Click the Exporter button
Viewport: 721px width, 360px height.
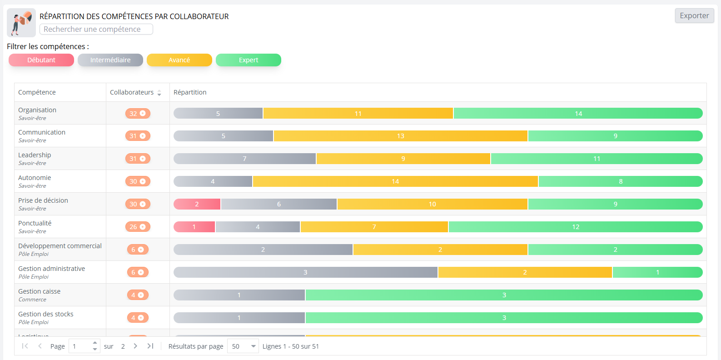[x=694, y=15]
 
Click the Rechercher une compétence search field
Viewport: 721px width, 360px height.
[x=96, y=29]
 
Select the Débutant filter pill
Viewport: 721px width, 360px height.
[x=41, y=60]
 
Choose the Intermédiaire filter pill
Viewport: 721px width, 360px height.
[x=110, y=60]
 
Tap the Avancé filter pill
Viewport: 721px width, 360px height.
[x=179, y=60]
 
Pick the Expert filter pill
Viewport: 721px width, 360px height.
[x=248, y=60]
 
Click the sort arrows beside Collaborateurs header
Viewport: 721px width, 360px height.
[x=159, y=93]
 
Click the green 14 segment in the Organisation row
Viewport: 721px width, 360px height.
[x=578, y=113]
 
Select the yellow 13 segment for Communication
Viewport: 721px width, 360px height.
[x=400, y=136]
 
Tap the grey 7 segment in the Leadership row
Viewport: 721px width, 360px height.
[x=244, y=159]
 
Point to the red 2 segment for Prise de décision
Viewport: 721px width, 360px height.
[x=197, y=204]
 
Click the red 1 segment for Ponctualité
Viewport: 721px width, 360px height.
[x=194, y=227]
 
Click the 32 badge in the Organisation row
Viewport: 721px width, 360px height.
[x=138, y=113]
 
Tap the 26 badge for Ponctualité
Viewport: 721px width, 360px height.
[x=138, y=227]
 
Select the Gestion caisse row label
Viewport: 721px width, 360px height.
[x=39, y=291]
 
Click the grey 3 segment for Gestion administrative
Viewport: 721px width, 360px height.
[x=305, y=272]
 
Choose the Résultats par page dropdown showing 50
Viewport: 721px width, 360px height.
[x=243, y=346]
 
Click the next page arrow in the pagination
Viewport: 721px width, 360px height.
[x=135, y=346]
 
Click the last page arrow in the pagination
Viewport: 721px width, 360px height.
[x=150, y=346]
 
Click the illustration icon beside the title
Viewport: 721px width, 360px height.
[x=21, y=23]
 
